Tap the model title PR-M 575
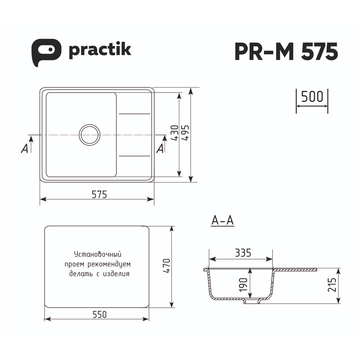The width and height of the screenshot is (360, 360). click(x=286, y=51)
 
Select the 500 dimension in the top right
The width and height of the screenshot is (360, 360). click(x=312, y=97)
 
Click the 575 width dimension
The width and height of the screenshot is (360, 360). click(x=99, y=194)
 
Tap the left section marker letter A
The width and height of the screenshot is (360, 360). click(x=24, y=148)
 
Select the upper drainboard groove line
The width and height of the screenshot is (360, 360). click(x=134, y=114)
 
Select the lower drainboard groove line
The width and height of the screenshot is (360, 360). click(x=134, y=156)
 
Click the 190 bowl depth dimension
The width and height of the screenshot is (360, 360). click(x=244, y=285)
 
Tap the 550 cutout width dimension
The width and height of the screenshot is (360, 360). click(x=99, y=314)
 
